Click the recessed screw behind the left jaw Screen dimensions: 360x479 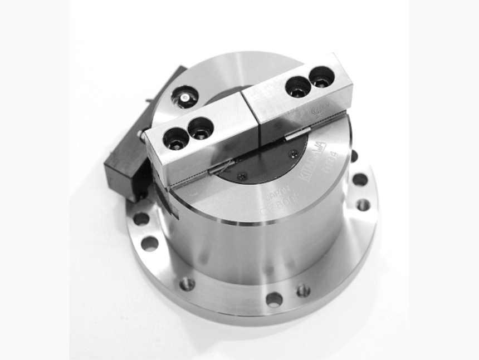tap(183, 99)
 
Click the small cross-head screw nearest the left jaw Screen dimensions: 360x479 tap(241, 176)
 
